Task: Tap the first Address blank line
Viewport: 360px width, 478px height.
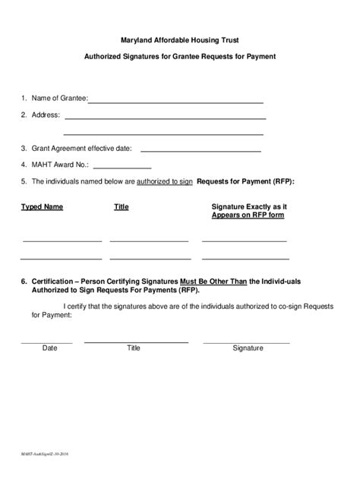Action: pos(165,118)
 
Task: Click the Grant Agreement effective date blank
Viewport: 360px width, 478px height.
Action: pos(201,151)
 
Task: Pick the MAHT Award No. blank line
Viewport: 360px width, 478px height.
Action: pos(122,168)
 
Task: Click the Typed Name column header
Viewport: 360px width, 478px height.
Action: pos(42,206)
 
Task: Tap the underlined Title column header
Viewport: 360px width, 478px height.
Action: pos(122,206)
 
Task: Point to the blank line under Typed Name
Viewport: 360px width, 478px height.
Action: pos(62,241)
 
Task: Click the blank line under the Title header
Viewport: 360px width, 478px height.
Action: pos(149,241)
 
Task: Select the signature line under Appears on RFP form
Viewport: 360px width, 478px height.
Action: pos(244,241)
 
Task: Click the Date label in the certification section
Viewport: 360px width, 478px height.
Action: pos(50,348)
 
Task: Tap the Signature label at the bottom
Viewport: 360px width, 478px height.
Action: pos(248,348)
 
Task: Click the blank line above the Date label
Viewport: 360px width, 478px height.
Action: pos(47,343)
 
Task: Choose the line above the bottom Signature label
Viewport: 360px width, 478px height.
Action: pos(245,343)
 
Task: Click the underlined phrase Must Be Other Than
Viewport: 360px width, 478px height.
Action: pos(213,281)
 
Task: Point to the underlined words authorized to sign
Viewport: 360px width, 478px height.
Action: pos(164,182)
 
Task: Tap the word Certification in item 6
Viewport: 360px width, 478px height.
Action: pos(54,281)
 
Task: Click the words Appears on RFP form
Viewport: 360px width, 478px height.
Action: pos(248,215)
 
